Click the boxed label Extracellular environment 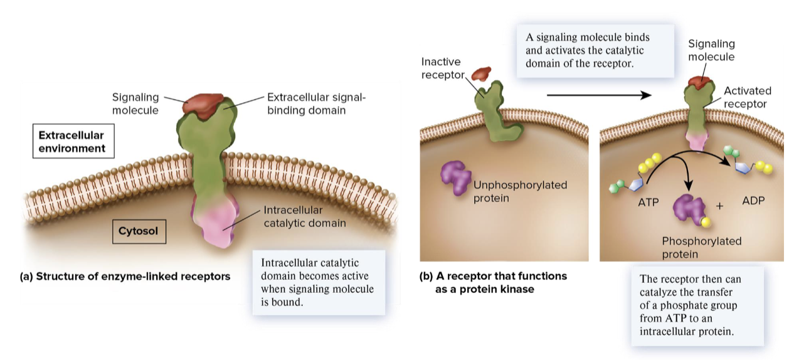tap(71, 142)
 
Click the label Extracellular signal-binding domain tap(315, 103)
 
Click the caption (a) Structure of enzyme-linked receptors tap(125, 276)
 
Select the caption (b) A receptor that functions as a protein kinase tap(493, 283)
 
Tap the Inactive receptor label tap(441, 68)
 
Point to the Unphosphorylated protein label tap(520, 191)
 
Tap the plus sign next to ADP tap(719, 206)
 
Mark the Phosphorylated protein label tap(701, 248)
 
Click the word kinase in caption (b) tap(517, 290)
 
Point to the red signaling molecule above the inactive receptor tap(481, 73)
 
